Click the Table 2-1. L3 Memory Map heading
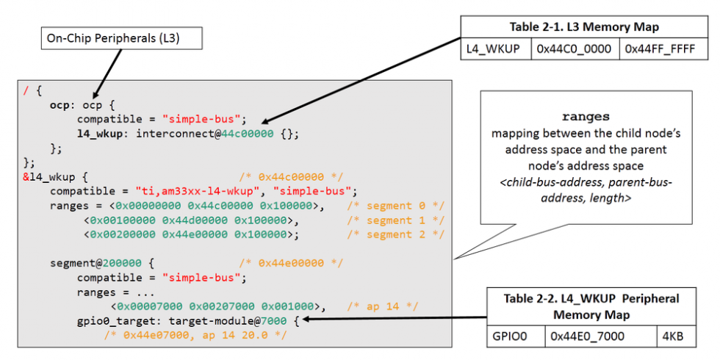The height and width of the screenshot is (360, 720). (x=583, y=27)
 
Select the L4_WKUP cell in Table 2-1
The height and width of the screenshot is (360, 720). (x=494, y=49)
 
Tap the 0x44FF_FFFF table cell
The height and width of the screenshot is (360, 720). (x=662, y=49)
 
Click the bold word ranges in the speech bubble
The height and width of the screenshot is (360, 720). (x=586, y=118)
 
